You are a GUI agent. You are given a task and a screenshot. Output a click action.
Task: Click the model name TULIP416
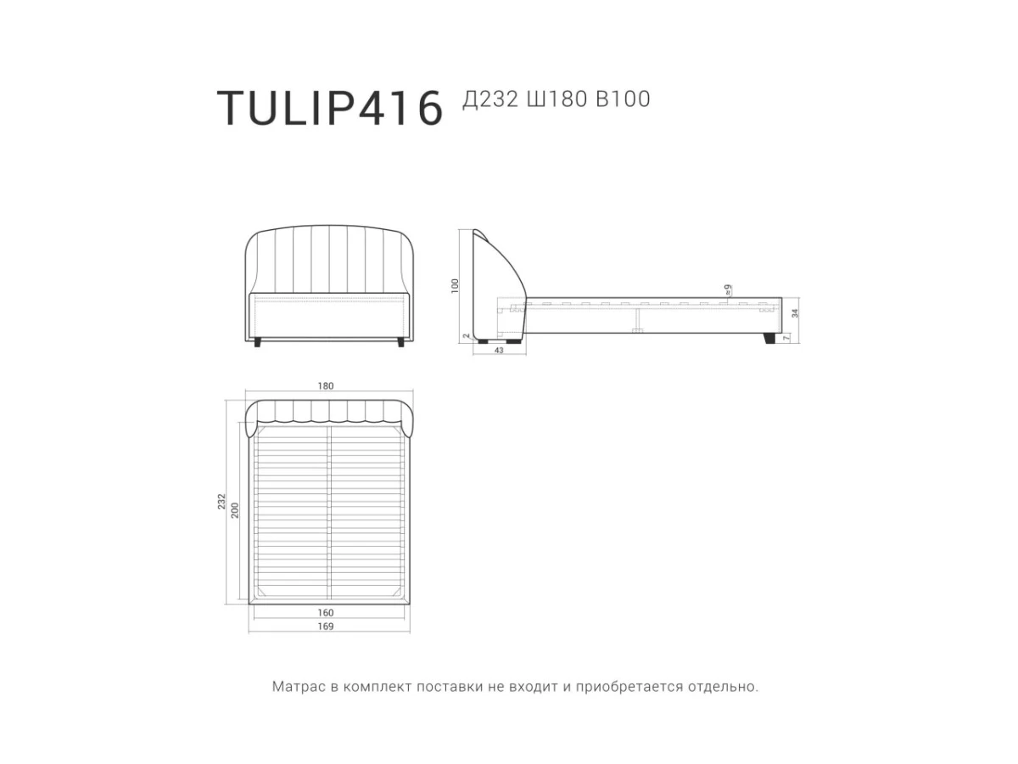(x=330, y=108)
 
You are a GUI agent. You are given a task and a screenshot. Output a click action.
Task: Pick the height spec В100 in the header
(x=623, y=99)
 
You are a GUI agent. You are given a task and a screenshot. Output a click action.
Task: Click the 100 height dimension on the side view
(x=456, y=285)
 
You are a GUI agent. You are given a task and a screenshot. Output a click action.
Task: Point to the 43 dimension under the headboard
(x=498, y=351)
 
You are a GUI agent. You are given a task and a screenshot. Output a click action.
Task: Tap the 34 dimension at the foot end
(x=794, y=313)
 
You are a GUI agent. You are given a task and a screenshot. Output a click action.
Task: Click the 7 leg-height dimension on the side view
(x=786, y=338)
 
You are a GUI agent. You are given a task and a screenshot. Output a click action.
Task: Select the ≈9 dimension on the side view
(x=728, y=289)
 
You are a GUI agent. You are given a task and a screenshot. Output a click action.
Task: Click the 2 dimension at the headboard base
(x=467, y=336)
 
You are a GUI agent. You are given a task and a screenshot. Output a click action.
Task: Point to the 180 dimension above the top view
(x=326, y=386)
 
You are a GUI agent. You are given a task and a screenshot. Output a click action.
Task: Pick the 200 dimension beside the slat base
(x=236, y=509)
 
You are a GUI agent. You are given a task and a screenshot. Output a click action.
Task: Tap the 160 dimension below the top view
(x=326, y=613)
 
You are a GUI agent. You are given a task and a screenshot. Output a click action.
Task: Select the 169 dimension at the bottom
(x=326, y=627)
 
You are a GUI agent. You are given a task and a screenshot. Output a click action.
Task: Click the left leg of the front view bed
(x=258, y=342)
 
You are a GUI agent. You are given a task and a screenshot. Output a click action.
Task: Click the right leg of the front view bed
(x=399, y=342)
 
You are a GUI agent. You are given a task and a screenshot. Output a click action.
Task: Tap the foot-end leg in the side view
(x=769, y=339)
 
